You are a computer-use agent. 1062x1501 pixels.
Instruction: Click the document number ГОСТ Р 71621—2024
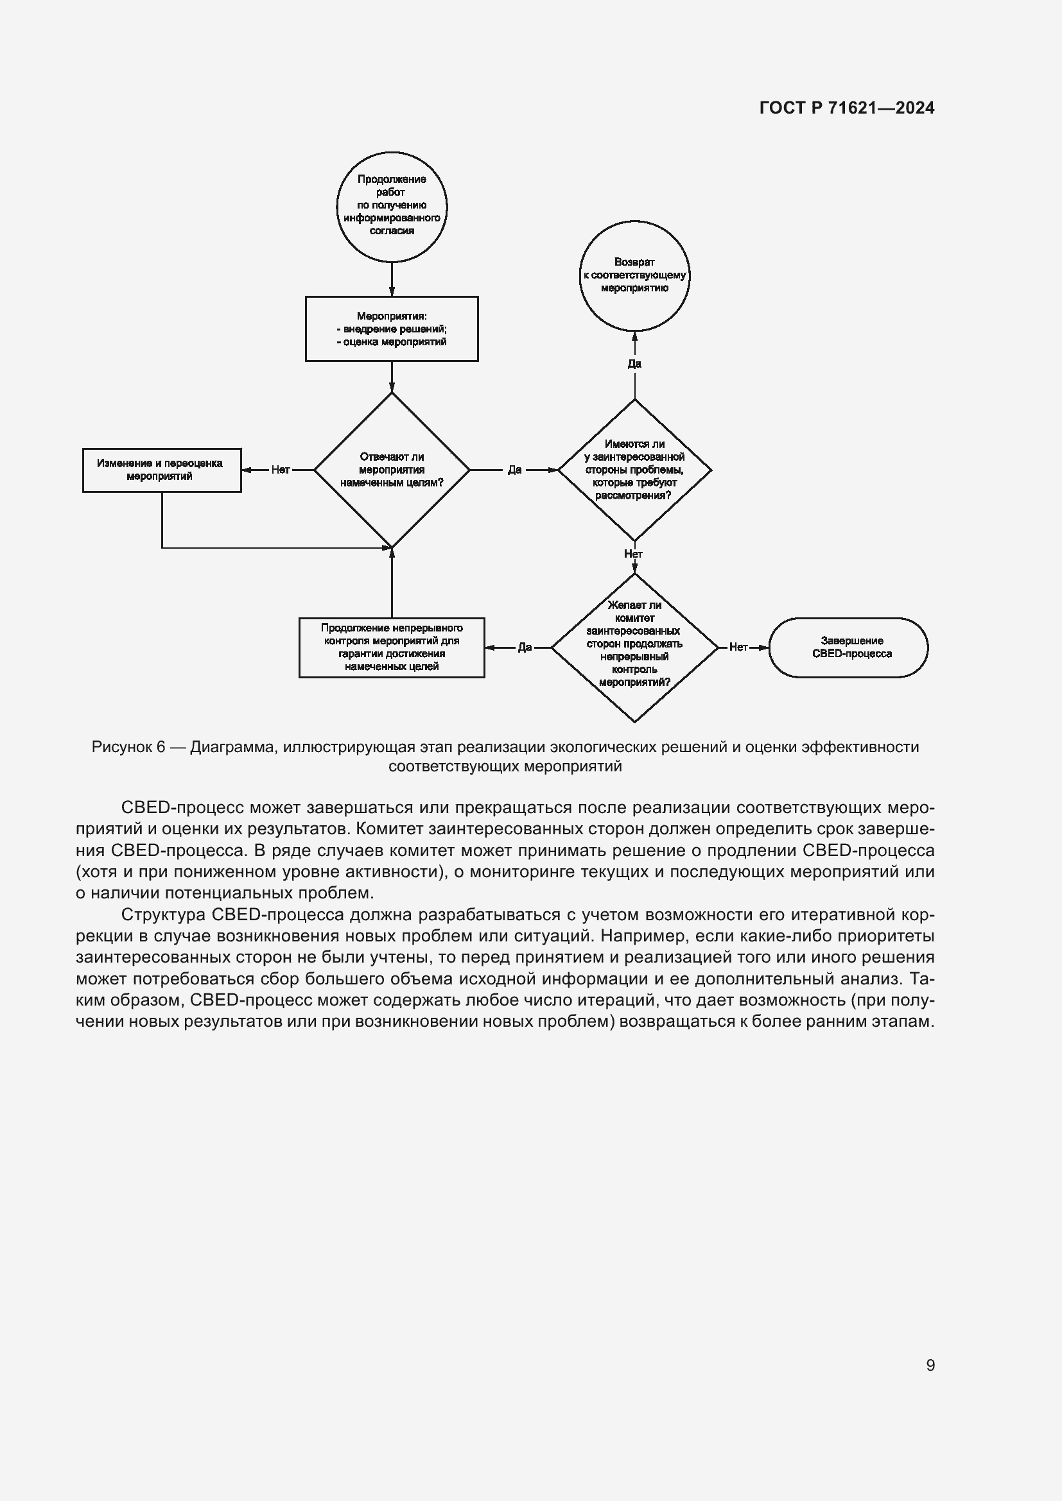pos(847,108)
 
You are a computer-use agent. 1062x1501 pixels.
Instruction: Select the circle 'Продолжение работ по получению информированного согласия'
pos(392,207)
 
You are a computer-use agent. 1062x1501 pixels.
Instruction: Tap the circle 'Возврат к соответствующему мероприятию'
pos(634,275)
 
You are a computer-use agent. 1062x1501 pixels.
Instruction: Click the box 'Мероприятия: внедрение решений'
pos(392,329)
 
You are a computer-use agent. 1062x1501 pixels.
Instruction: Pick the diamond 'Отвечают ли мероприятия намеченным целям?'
pos(392,469)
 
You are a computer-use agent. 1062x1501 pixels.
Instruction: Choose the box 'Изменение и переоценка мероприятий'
pos(162,470)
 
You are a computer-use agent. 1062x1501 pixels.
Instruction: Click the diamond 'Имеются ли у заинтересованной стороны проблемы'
pos(634,469)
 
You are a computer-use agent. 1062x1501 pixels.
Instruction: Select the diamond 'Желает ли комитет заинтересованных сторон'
pos(634,648)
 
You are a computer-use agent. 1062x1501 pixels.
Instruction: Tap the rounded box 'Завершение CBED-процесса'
pos(848,648)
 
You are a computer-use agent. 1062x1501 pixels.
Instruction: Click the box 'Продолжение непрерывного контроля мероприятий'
pos(392,648)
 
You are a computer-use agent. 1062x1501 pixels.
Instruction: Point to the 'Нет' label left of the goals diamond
pos(281,470)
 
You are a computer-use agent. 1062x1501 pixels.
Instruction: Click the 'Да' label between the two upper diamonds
pos(515,470)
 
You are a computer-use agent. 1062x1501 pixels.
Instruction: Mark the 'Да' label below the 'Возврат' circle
pos(634,363)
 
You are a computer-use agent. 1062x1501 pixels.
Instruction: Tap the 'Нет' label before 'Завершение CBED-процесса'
pos(738,648)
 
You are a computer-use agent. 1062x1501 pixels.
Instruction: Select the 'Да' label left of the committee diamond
pos(525,648)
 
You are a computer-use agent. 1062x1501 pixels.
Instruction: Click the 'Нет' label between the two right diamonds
pos(633,554)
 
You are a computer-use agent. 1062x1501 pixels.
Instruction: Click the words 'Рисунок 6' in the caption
pos(128,747)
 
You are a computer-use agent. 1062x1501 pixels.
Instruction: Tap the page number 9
pos(930,1365)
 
